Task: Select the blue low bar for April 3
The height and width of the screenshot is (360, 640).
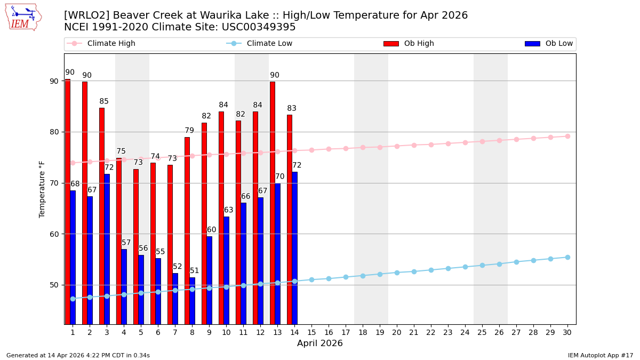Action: click(x=107, y=249)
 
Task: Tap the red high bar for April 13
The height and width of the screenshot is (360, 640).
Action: click(x=273, y=203)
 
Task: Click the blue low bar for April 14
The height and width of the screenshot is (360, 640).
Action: click(x=294, y=248)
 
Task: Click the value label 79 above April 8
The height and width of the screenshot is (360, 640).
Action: click(x=189, y=131)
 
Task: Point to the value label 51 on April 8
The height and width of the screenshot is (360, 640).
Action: click(x=195, y=271)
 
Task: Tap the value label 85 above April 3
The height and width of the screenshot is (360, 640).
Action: click(x=104, y=101)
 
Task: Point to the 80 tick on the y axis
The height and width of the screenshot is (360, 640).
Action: click(x=54, y=132)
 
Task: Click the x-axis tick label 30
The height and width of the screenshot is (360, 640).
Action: click(x=567, y=332)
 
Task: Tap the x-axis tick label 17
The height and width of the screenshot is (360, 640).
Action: click(x=346, y=332)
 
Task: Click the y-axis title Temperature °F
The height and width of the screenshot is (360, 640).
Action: click(x=42, y=189)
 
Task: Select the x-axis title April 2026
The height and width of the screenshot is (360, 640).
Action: click(x=320, y=343)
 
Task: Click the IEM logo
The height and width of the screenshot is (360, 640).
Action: click(x=22, y=17)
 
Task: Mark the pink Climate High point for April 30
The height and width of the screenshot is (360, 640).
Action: click(x=567, y=136)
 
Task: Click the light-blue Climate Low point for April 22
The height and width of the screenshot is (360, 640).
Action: click(x=431, y=270)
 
